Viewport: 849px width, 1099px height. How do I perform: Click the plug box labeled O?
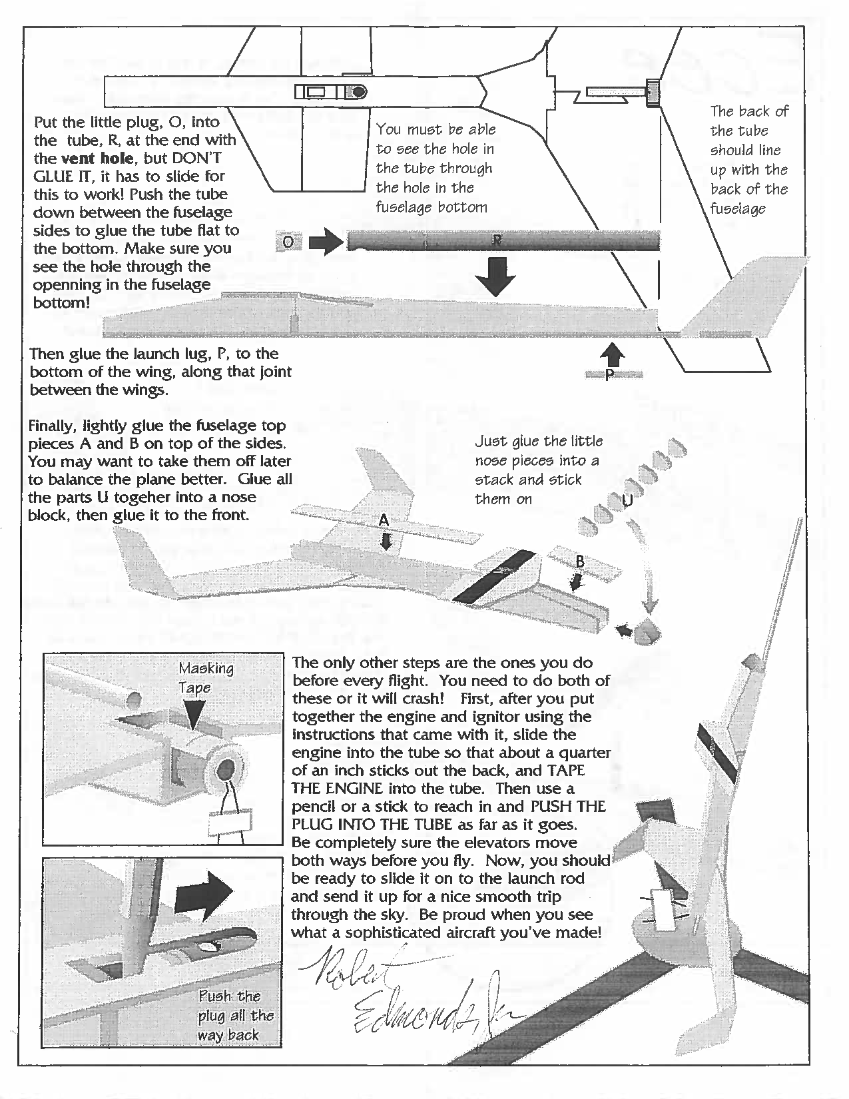click(288, 242)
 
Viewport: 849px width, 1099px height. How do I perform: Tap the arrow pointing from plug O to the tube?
click(324, 242)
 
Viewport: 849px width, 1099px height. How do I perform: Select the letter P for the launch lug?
click(609, 376)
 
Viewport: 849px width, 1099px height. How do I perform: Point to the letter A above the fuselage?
click(384, 521)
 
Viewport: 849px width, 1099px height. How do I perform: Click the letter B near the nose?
click(579, 561)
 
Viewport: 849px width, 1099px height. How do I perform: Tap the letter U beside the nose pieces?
click(627, 500)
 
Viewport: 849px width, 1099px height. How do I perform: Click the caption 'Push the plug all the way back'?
click(236, 1015)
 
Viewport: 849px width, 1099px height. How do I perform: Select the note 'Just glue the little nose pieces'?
click(538, 470)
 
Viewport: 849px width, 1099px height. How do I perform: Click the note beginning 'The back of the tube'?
click(748, 160)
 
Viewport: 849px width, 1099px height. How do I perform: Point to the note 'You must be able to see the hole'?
click(435, 168)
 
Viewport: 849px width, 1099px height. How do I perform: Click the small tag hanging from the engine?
click(230, 823)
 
